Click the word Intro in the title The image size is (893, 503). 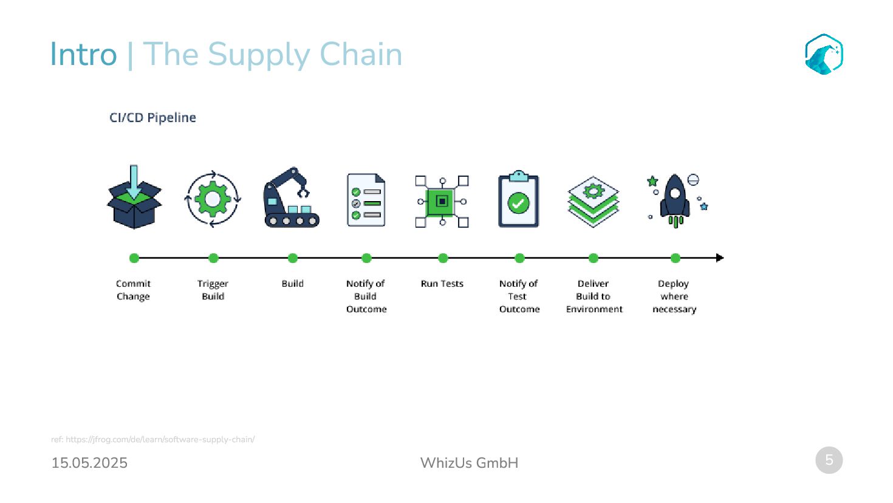click(83, 54)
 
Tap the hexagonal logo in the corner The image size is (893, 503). click(824, 54)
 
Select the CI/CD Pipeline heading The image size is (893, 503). click(152, 118)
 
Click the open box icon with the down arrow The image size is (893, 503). click(134, 198)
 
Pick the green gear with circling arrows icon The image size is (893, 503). click(213, 199)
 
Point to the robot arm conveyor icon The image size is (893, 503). click(292, 198)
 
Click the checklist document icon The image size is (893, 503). click(366, 200)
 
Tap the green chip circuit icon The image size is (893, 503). click(442, 201)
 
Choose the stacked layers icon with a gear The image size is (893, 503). click(593, 201)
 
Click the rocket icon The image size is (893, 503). click(676, 200)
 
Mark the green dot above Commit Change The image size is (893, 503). click(134, 258)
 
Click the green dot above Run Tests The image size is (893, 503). click(443, 258)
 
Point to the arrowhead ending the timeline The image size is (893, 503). click(720, 258)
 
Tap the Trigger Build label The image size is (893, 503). click(213, 290)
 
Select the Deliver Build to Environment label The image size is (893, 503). click(594, 296)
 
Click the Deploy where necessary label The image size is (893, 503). click(674, 296)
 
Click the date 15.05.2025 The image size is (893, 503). click(89, 463)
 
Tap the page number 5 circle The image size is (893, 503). click(829, 460)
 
